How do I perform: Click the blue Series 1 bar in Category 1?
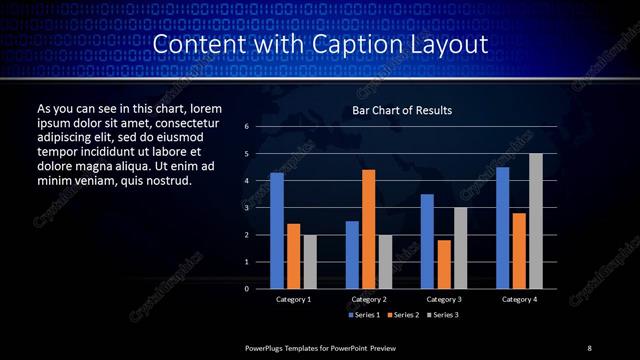point(277,231)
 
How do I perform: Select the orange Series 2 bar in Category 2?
point(368,229)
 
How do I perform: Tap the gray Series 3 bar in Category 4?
point(535,221)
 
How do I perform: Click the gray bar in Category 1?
point(309,261)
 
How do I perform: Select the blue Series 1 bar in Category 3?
point(427,241)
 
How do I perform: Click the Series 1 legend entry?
point(364,315)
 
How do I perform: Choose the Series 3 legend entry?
point(444,315)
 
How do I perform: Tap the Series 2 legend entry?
point(404,315)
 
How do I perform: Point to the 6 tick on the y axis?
point(247,127)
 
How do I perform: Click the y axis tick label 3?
point(247,208)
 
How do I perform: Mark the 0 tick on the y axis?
point(247,288)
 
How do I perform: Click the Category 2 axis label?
point(369,299)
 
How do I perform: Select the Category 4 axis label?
point(519,299)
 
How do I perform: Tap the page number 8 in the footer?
point(589,347)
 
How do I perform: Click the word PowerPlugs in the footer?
point(268,347)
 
